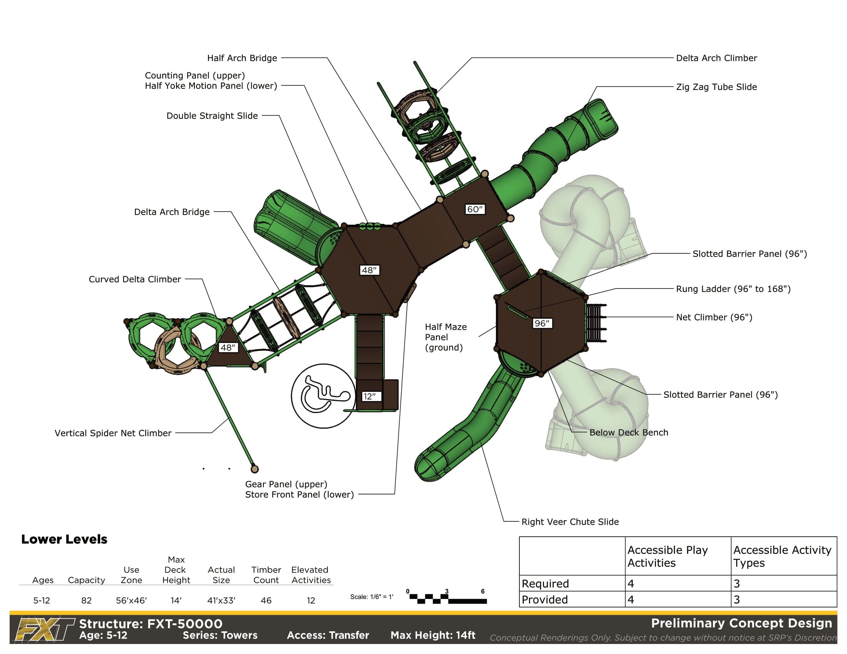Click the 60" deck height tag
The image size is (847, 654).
[x=475, y=209]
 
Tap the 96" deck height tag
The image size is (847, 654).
[x=542, y=323]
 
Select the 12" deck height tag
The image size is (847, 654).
[x=370, y=396]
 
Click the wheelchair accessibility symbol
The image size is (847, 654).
[x=323, y=395]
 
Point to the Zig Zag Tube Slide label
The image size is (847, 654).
[x=716, y=87]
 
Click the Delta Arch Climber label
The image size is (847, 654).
[x=716, y=58]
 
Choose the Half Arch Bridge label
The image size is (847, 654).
[x=242, y=58]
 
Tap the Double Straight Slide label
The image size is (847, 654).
[x=212, y=116]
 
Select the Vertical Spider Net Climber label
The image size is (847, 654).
[x=113, y=433]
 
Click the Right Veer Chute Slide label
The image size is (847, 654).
[x=570, y=522]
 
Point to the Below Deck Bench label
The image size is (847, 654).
[x=629, y=432]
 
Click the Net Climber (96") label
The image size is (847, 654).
[x=714, y=317]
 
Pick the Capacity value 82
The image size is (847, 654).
[x=86, y=601]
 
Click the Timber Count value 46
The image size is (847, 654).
[x=266, y=601]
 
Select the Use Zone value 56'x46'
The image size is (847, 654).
[x=131, y=601]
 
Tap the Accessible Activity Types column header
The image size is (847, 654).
[x=782, y=556]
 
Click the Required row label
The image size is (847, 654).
[x=545, y=584]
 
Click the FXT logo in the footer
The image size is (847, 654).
[x=44, y=630]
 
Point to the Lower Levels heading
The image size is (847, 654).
[x=64, y=539]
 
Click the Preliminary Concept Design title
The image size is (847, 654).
[x=742, y=623]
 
